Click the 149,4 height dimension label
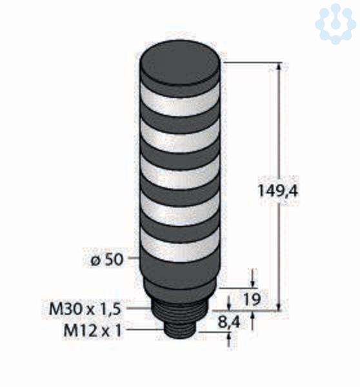(x=277, y=191)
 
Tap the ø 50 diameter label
(x=106, y=260)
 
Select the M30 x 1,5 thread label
(x=85, y=309)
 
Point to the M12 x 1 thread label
(x=93, y=330)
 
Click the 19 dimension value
(x=252, y=299)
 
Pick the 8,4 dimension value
(x=229, y=322)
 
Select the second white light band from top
(x=180, y=135)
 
